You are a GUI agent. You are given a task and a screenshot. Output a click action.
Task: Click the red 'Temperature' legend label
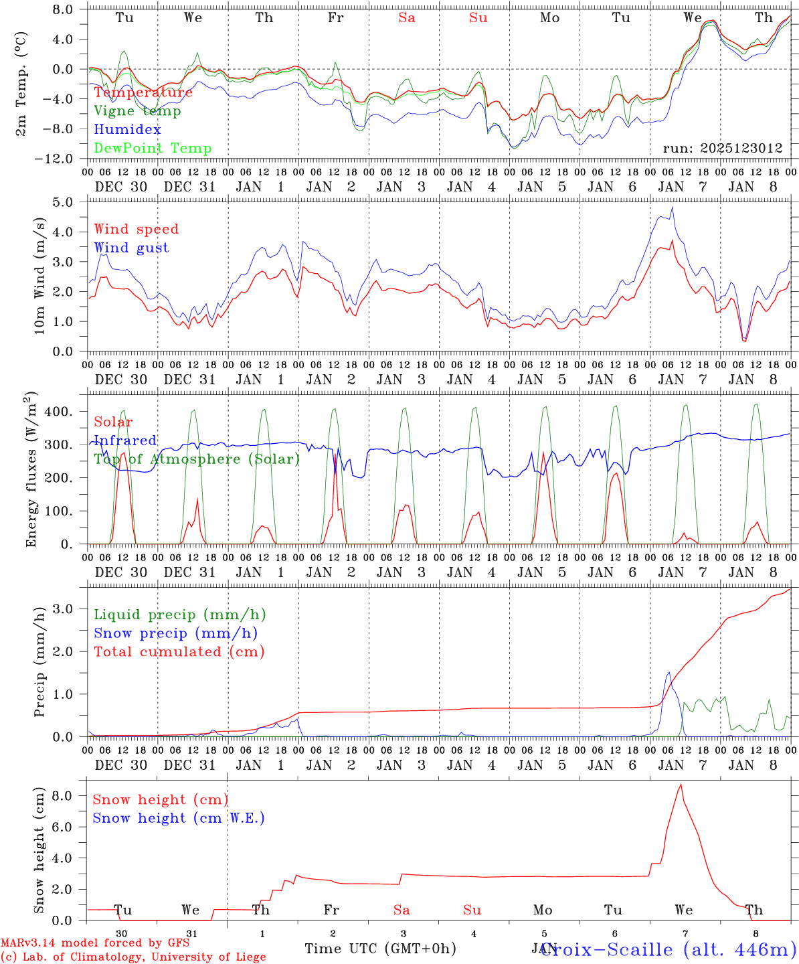[x=143, y=92]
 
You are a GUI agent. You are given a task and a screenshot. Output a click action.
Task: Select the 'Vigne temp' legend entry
[x=137, y=111]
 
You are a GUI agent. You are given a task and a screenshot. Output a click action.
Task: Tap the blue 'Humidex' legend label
[x=127, y=130]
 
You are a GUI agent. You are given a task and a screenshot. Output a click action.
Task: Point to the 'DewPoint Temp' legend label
[x=153, y=149]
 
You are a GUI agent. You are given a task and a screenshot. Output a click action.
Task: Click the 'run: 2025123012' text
[x=722, y=149]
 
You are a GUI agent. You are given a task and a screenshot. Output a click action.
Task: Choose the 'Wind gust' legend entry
[x=131, y=248]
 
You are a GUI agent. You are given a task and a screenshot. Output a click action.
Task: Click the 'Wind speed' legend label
[x=137, y=229]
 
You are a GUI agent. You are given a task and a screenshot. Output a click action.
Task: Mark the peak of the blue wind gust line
[x=672, y=208]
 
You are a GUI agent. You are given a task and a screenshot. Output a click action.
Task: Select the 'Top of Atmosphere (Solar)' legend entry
[x=197, y=459]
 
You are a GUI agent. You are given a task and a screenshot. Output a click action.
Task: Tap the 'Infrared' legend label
[x=125, y=440]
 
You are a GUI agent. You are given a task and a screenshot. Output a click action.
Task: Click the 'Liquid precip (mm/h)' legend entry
[x=179, y=615]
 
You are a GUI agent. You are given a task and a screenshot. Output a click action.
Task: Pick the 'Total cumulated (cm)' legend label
[x=179, y=652]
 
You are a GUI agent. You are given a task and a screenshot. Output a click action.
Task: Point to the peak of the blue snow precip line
[x=668, y=673]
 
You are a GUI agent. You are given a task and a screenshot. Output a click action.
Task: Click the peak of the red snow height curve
[x=681, y=785]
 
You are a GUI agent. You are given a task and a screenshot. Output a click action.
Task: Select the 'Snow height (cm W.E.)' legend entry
[x=179, y=818]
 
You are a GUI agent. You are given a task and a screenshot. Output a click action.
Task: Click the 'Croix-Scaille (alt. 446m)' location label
[x=668, y=949]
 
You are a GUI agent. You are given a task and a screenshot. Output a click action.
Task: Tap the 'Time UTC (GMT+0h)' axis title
[x=380, y=949]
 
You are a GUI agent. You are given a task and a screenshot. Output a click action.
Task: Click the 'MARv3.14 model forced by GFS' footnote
[x=95, y=943]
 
